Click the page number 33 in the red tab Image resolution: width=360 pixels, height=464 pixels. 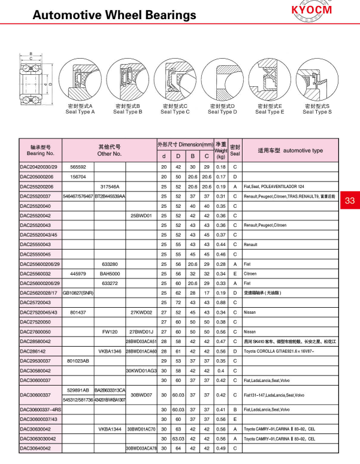(x=350, y=201)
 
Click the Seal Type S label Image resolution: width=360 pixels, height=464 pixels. (x=317, y=111)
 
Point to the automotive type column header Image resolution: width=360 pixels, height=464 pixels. (x=291, y=150)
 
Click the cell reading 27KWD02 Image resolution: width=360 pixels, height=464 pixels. (x=141, y=312)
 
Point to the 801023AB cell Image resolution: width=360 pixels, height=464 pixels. (x=78, y=360)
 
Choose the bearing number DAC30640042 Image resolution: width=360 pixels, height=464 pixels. (x=38, y=448)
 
